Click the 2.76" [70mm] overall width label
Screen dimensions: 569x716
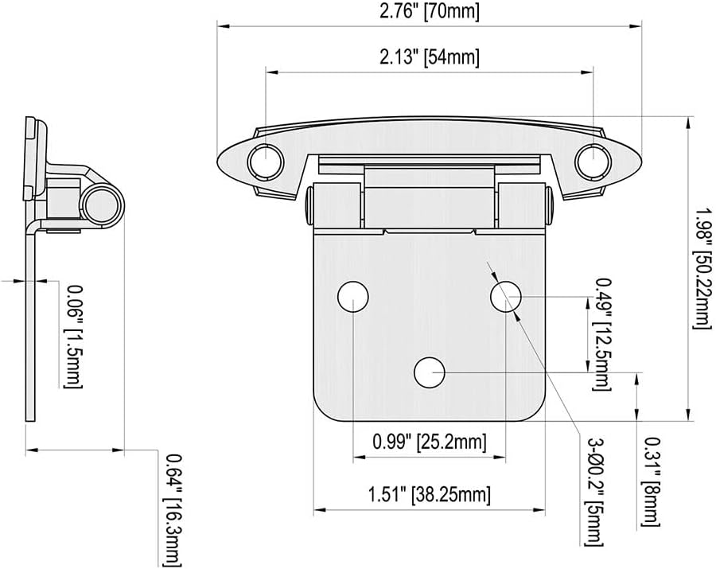(x=430, y=12)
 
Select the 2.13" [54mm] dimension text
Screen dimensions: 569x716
(x=430, y=58)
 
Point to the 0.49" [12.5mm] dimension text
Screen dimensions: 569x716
(x=603, y=334)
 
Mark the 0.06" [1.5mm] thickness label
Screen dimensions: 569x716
(x=73, y=335)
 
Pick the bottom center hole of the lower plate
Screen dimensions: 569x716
(x=430, y=371)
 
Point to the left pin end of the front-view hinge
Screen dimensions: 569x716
(x=307, y=204)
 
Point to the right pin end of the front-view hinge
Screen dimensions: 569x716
(x=550, y=204)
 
